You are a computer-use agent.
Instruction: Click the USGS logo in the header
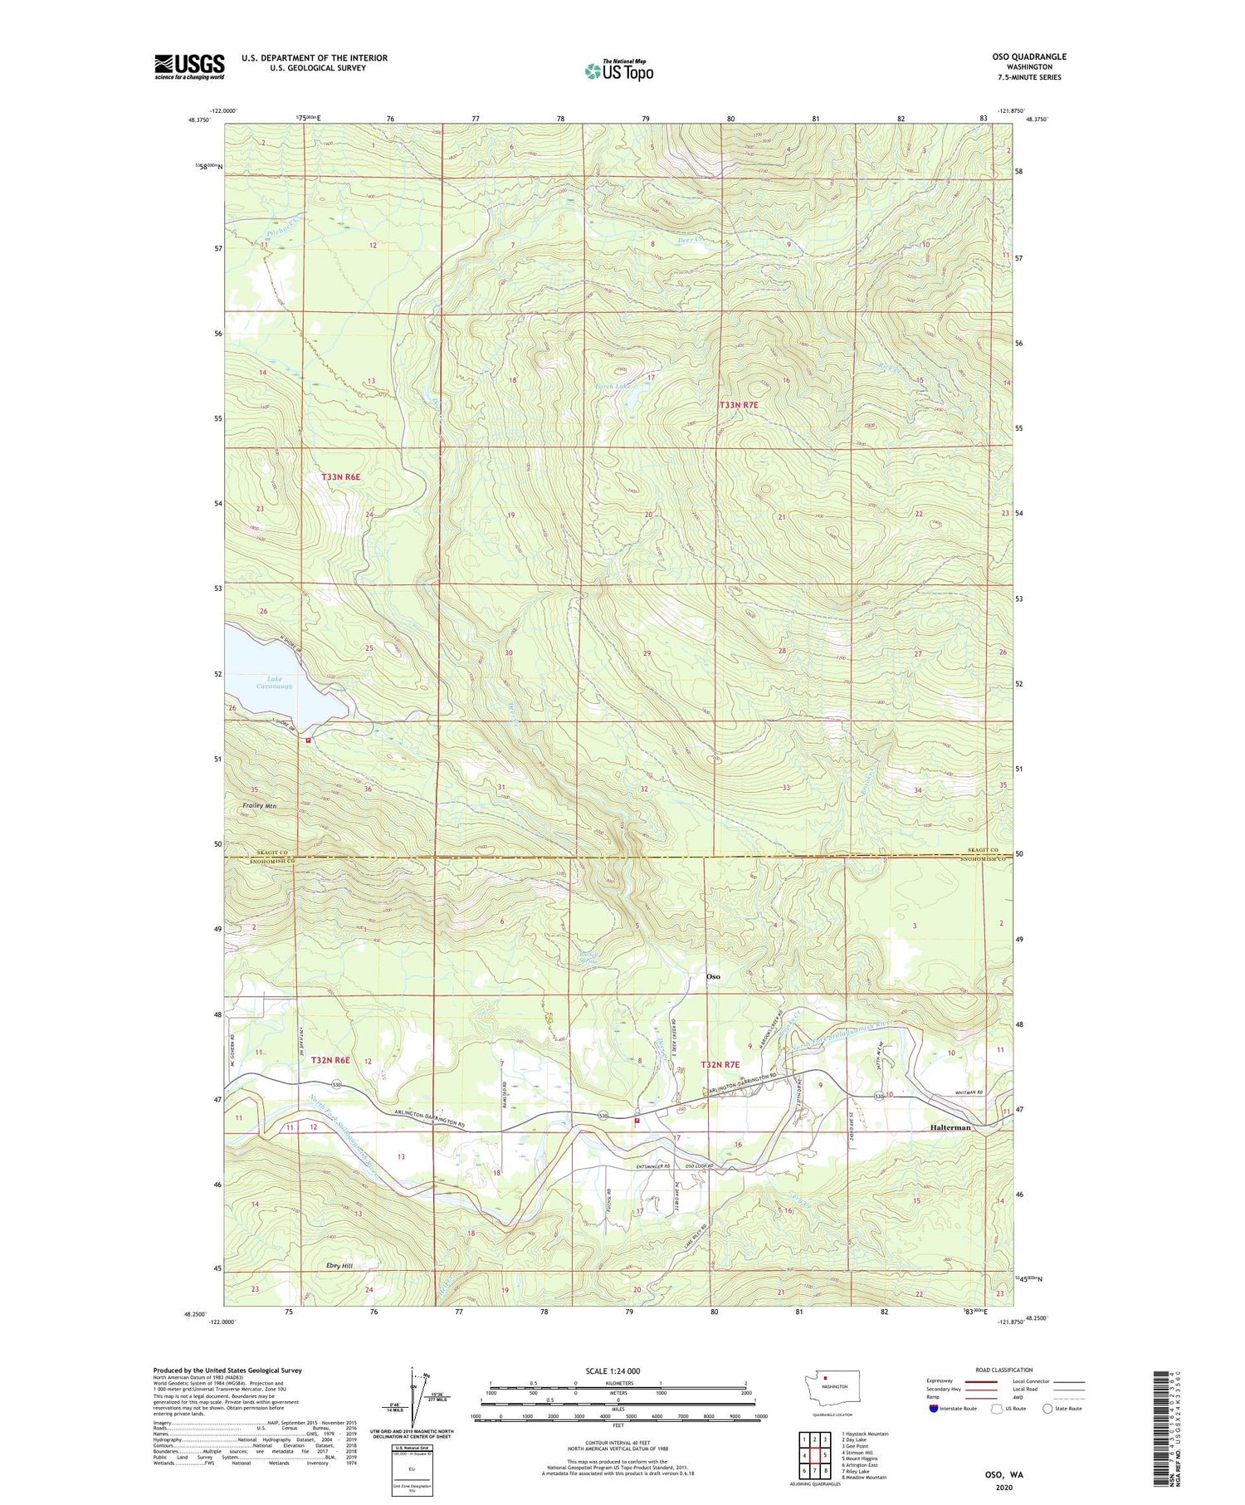[189, 66]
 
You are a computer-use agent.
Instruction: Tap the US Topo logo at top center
[618, 71]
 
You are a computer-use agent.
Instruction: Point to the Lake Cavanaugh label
[274, 682]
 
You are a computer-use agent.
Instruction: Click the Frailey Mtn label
[259, 806]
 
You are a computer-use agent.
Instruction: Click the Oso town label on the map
[712, 976]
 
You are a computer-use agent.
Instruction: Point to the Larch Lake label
[613, 386]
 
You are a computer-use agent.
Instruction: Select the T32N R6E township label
[330, 1060]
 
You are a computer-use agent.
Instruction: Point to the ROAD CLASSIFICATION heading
[1004, 1370]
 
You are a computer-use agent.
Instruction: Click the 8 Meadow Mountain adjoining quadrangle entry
[863, 1478]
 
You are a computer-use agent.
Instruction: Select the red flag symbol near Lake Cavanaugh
[308, 740]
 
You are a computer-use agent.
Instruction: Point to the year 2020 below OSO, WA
[1004, 1489]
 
